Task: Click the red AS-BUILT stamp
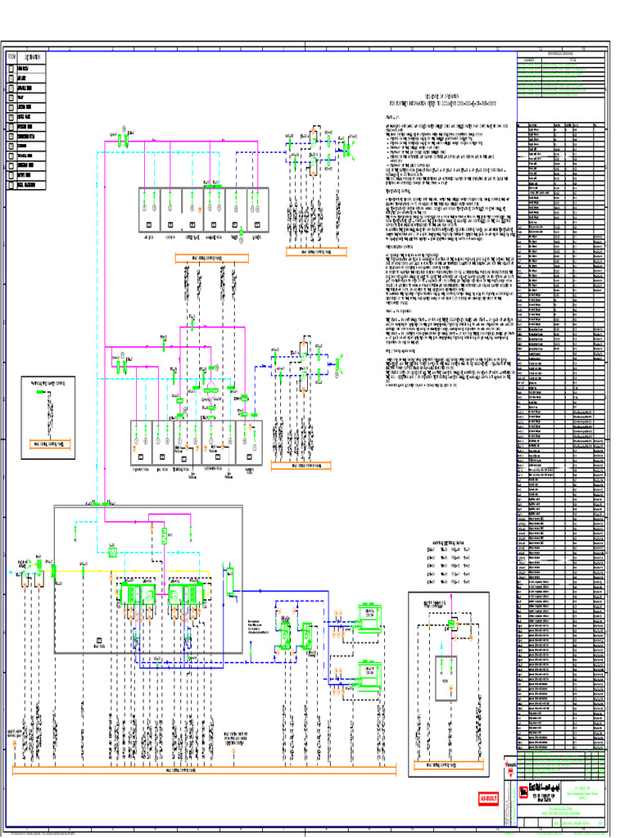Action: (x=488, y=799)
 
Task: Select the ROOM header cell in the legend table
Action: (x=11, y=56)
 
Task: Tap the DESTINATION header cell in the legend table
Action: (x=33, y=56)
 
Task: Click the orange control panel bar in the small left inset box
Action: (x=48, y=443)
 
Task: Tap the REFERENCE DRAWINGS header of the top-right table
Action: (x=561, y=54)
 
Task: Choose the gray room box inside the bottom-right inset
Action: (x=446, y=679)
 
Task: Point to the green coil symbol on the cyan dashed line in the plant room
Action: (x=111, y=552)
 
